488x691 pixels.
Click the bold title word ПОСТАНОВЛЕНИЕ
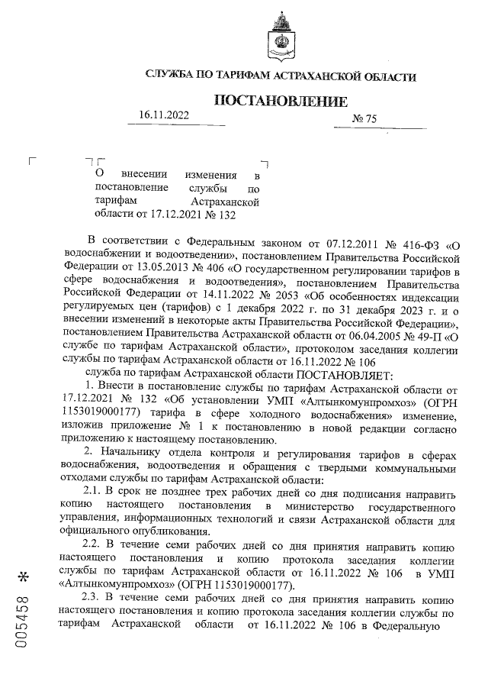click(281, 102)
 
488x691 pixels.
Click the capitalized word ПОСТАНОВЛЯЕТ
click(344, 375)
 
